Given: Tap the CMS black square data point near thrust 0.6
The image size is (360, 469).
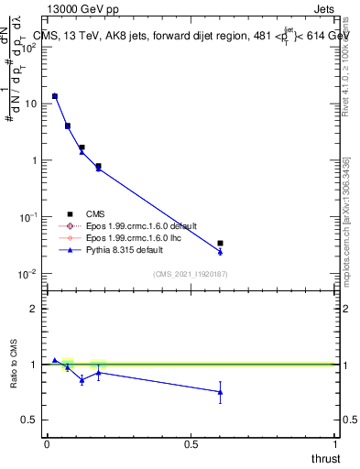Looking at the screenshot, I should [x=220, y=244].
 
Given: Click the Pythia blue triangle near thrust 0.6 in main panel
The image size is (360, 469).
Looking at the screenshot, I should [x=220, y=252].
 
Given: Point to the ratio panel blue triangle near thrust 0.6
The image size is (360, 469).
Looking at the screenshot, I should [x=220, y=392].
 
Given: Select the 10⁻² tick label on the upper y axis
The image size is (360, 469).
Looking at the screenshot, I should [x=27, y=274].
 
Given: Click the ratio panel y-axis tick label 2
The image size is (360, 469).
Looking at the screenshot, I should [x=34, y=309].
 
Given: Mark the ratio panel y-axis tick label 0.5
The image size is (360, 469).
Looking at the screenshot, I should [x=29, y=420].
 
